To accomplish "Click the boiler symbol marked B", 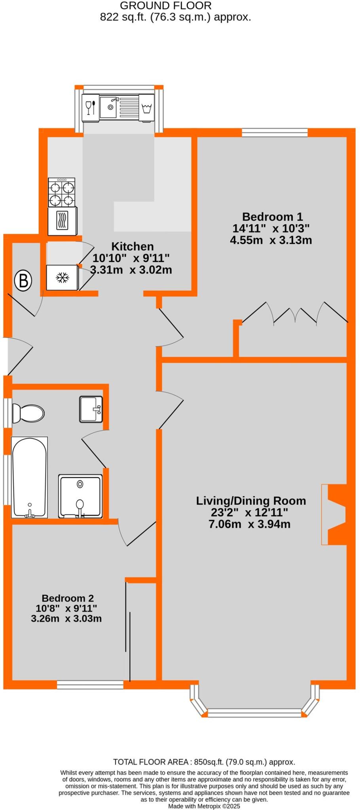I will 23,280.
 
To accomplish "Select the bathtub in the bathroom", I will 30,477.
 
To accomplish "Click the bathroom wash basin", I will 91,409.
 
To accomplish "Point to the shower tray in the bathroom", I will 80,496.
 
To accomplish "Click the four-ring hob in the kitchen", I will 62,192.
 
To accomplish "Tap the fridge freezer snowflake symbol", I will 62,278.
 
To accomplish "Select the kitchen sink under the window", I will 108,107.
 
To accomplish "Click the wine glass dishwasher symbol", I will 91,107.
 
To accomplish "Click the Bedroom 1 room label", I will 272,217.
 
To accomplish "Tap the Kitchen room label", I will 132,246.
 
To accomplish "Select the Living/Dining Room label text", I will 251,501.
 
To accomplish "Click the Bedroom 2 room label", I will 68,598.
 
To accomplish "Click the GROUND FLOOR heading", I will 165,6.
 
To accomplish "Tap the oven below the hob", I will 62,221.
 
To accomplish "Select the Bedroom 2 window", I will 90,685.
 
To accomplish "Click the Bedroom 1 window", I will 275,133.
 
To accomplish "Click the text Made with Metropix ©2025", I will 204,806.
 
